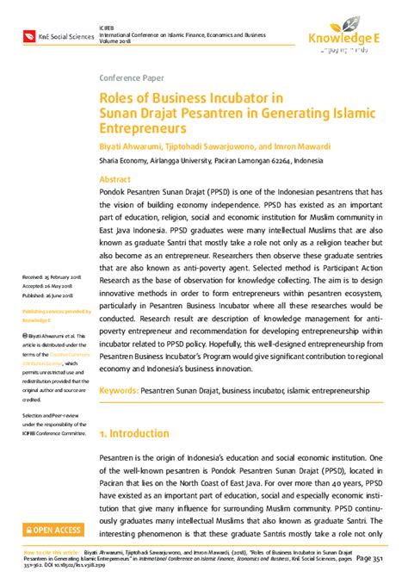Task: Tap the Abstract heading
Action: tap(116, 179)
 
